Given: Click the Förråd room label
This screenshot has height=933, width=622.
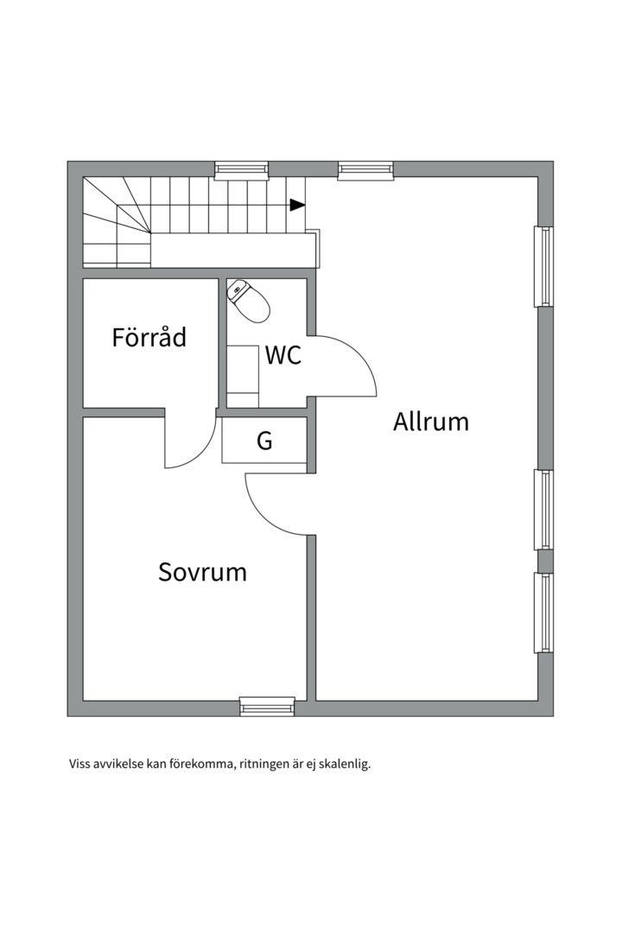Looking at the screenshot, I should (149, 337).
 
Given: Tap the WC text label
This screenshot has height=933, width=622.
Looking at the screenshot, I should (282, 355).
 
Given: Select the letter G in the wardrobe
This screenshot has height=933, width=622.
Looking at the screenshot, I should (264, 441).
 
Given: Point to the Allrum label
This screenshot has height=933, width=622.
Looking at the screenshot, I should (430, 422).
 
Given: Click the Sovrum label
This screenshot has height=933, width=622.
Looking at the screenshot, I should (202, 572).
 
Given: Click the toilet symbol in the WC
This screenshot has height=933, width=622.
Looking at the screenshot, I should (250, 300).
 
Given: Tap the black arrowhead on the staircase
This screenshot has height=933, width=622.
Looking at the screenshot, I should (297, 205).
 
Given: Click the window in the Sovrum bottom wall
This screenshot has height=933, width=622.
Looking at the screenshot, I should (267, 707).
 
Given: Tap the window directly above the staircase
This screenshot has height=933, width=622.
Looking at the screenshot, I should (241, 170).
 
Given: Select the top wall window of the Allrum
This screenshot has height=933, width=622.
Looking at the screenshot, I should (365, 170).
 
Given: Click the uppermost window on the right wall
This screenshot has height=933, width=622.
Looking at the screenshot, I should (543, 266).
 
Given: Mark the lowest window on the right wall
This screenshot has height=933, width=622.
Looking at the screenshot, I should (543, 612).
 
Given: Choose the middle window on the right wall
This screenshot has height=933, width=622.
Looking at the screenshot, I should (543, 510).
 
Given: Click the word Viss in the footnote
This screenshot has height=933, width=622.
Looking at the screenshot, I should (80, 765).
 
